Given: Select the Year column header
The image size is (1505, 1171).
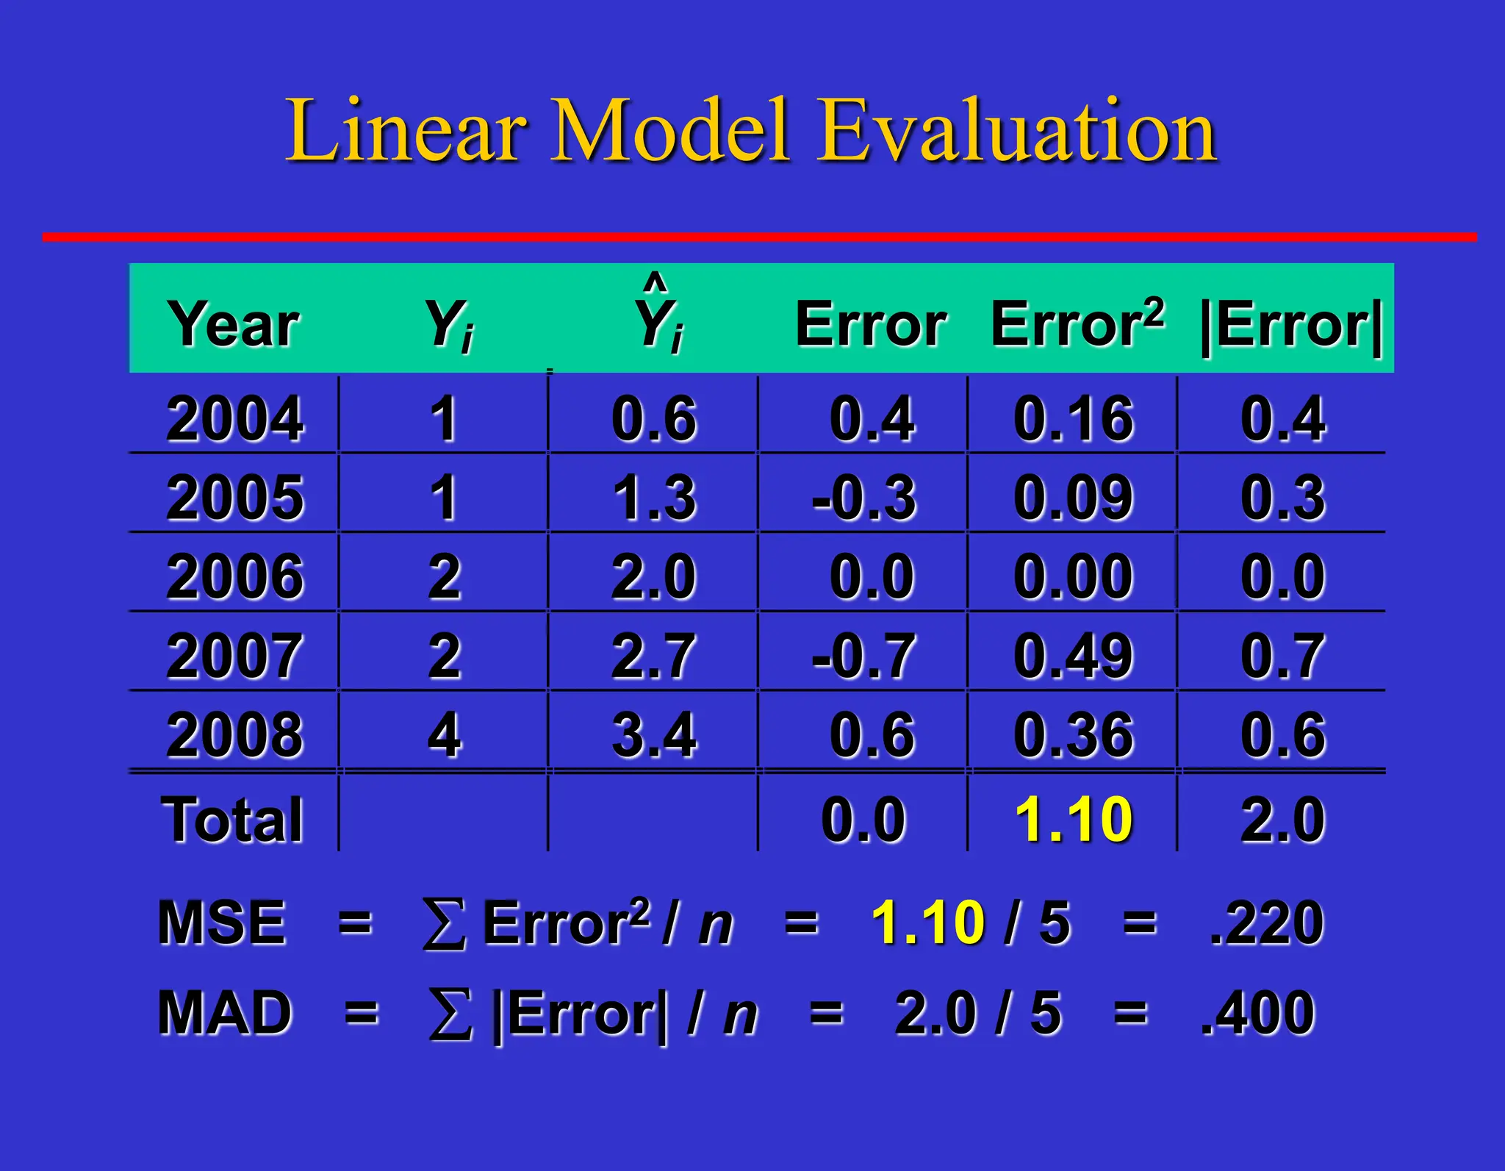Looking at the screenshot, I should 234,324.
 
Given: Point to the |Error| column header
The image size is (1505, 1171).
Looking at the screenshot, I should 1291,326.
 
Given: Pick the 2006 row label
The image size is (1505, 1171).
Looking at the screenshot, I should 234,576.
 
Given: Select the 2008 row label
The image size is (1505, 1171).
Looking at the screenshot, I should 234,734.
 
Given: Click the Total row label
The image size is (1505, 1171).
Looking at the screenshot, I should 232,819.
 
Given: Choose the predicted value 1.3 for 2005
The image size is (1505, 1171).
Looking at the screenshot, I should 654,498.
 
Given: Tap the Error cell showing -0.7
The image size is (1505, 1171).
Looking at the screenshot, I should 864,656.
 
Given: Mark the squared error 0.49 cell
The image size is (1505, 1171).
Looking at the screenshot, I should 1074,656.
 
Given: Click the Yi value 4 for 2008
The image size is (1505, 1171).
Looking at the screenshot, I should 445,734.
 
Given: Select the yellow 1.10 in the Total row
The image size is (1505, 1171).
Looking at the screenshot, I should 1074,819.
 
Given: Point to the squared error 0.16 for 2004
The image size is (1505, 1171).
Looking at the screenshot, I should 1074,419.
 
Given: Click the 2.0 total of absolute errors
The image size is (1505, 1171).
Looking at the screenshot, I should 1283,819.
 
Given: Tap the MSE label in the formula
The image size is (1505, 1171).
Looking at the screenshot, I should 221,923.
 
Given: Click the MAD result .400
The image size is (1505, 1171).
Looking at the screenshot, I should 1257,1013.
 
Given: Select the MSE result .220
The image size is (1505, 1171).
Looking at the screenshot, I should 1266,923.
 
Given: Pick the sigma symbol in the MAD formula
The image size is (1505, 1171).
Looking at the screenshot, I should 450,1014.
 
